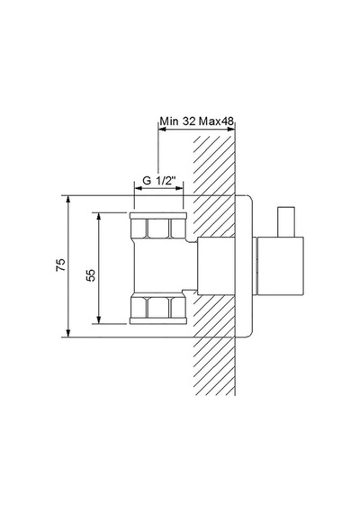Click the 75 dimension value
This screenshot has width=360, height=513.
point(61,265)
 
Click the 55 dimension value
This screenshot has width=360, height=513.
point(91,275)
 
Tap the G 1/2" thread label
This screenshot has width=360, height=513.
point(159,180)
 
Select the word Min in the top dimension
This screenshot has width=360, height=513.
point(169,121)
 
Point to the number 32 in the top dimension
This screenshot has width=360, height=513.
point(189,121)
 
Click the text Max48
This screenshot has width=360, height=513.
point(217,121)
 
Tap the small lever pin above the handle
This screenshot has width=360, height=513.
point(286,221)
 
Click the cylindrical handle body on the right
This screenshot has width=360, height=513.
point(281,266)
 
